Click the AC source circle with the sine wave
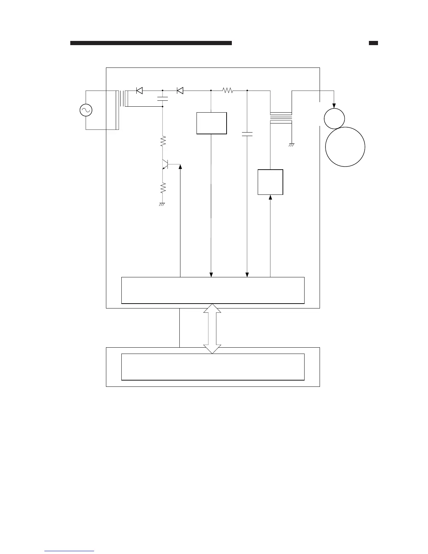coord(86,110)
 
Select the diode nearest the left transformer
coord(139,91)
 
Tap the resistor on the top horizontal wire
coord(228,91)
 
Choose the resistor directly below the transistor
coord(163,188)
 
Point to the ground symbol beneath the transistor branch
coord(162,204)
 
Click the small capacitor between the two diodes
coord(163,98)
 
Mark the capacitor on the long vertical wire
coord(247,134)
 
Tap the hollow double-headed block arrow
coord(212,328)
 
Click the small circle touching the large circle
coord(334,119)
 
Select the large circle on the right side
coord(345,147)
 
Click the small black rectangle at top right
coord(373,43)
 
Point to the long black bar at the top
coord(151,43)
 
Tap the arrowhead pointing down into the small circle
coord(334,106)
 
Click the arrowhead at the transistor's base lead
coord(180,167)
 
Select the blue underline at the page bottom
coord(69,551)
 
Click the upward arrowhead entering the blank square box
coord(270,198)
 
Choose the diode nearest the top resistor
coord(180,91)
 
